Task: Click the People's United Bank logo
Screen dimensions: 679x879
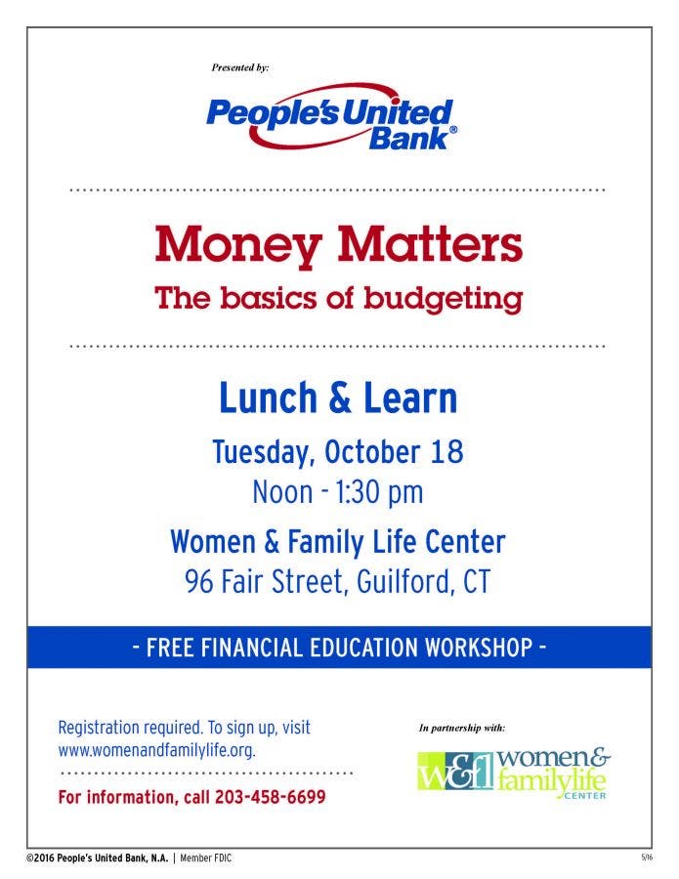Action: click(x=331, y=118)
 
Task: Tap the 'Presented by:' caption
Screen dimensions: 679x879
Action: click(x=240, y=67)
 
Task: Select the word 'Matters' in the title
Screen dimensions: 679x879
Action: click(x=430, y=244)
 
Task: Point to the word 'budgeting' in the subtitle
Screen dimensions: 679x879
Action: click(x=443, y=298)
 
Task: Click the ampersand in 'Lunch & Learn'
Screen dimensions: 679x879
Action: click(x=339, y=398)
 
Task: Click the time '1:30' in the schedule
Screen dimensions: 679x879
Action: click(x=359, y=492)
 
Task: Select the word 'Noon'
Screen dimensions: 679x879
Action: click(x=282, y=492)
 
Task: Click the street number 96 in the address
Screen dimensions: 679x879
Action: click(x=199, y=581)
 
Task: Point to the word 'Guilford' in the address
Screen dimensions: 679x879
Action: click(x=403, y=582)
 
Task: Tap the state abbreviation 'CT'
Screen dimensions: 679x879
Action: click(x=477, y=581)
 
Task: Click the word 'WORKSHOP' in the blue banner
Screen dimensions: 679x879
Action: click(x=479, y=647)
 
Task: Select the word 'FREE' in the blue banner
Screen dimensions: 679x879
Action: click(x=170, y=647)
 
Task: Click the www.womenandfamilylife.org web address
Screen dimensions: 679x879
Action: click(x=157, y=750)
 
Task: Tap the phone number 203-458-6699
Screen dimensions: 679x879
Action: click(x=271, y=797)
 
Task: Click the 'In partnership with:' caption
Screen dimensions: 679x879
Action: click(x=462, y=728)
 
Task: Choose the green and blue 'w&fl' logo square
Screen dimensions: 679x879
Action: click(x=456, y=772)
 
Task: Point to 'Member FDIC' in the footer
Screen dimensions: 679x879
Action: click(x=205, y=858)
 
